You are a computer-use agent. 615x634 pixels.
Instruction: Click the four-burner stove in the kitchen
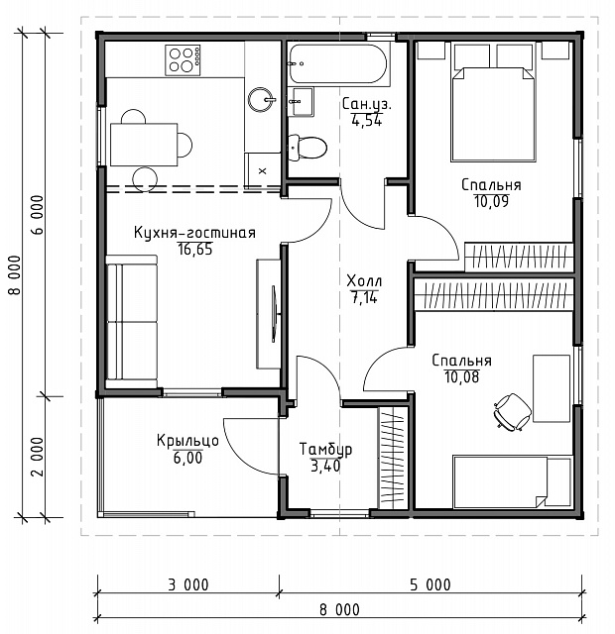(183, 59)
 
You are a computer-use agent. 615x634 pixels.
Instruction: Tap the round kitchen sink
(261, 99)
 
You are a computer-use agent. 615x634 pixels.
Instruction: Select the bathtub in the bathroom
(338, 63)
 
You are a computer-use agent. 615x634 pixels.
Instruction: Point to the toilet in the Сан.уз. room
(307, 148)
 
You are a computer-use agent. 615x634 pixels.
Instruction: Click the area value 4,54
(367, 121)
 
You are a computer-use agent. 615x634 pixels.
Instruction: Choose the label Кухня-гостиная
(194, 234)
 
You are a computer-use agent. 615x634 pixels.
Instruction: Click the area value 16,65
(195, 250)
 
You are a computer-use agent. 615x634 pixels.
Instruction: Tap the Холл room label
(364, 280)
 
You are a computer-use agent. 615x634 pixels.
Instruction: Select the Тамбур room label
(325, 449)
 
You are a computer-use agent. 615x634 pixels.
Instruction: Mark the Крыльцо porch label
(187, 441)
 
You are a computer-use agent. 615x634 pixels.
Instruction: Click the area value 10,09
(491, 201)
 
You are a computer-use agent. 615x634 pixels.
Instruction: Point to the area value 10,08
(462, 376)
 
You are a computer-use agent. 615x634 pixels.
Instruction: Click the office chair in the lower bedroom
(512, 412)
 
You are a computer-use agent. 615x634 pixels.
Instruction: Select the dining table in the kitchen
(144, 145)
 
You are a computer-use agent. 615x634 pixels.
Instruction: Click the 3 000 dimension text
(188, 585)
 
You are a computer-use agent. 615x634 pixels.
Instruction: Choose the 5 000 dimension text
(430, 585)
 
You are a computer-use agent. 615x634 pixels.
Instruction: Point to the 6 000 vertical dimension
(37, 215)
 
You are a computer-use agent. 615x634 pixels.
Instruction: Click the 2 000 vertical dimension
(37, 457)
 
